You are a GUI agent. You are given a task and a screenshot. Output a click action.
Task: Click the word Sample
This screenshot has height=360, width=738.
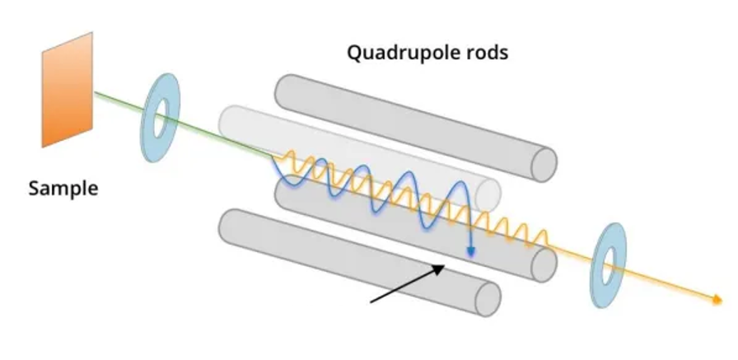pos(63,189)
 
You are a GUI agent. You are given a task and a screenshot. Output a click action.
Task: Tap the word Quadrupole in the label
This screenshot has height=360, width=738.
pos(400,54)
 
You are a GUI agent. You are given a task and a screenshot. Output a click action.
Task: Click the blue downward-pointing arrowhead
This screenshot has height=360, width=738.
pos(470,251)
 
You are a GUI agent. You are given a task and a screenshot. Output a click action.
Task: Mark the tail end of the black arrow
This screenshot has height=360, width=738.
pos(371,302)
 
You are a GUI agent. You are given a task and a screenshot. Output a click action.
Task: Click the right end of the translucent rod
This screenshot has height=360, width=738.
pos(489,194)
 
